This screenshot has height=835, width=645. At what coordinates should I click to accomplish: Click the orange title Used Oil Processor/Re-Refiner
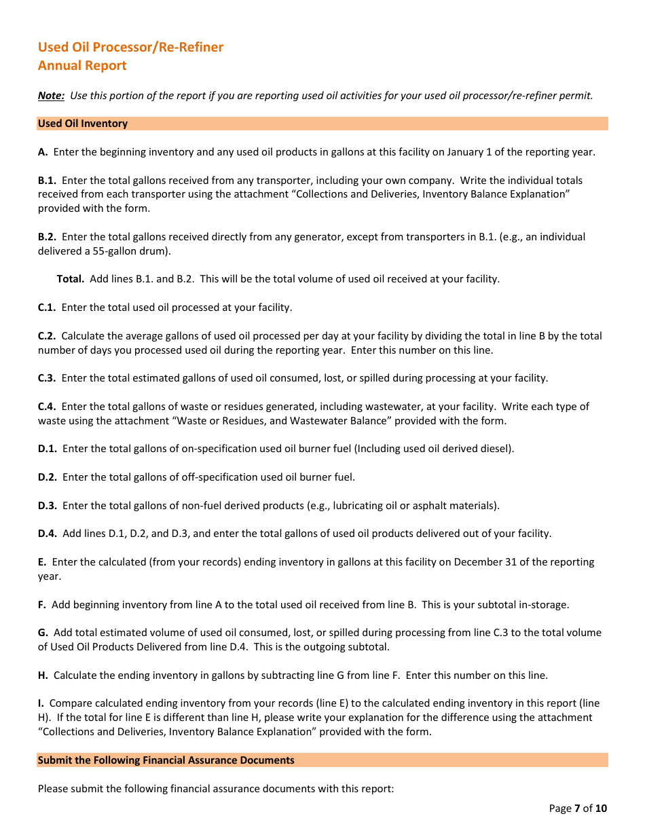point(130,47)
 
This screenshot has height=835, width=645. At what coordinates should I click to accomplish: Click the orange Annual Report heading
point(82,65)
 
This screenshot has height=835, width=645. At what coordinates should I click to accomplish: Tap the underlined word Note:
point(51,96)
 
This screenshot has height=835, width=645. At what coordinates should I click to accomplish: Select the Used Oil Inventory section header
point(83,124)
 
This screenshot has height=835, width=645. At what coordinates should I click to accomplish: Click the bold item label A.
point(42,152)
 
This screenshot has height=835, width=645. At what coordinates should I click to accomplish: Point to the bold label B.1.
point(47,181)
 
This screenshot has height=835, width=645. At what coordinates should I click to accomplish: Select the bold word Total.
point(71,279)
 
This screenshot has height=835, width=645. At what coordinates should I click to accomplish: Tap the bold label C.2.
point(47,336)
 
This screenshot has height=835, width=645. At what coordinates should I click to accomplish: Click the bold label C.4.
point(47,407)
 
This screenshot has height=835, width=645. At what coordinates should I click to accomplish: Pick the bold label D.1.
point(47,449)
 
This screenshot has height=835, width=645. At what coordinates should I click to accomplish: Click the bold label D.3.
point(47,506)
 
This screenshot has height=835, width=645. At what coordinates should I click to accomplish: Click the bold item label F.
point(42,605)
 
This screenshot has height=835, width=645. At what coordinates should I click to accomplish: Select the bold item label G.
point(43,633)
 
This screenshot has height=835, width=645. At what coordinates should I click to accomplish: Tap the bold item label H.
point(43,675)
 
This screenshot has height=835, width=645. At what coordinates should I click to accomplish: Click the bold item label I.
point(41,704)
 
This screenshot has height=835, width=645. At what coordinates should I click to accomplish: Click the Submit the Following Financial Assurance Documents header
point(166,760)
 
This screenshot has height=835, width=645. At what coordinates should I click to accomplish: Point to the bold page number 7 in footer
point(577,809)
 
